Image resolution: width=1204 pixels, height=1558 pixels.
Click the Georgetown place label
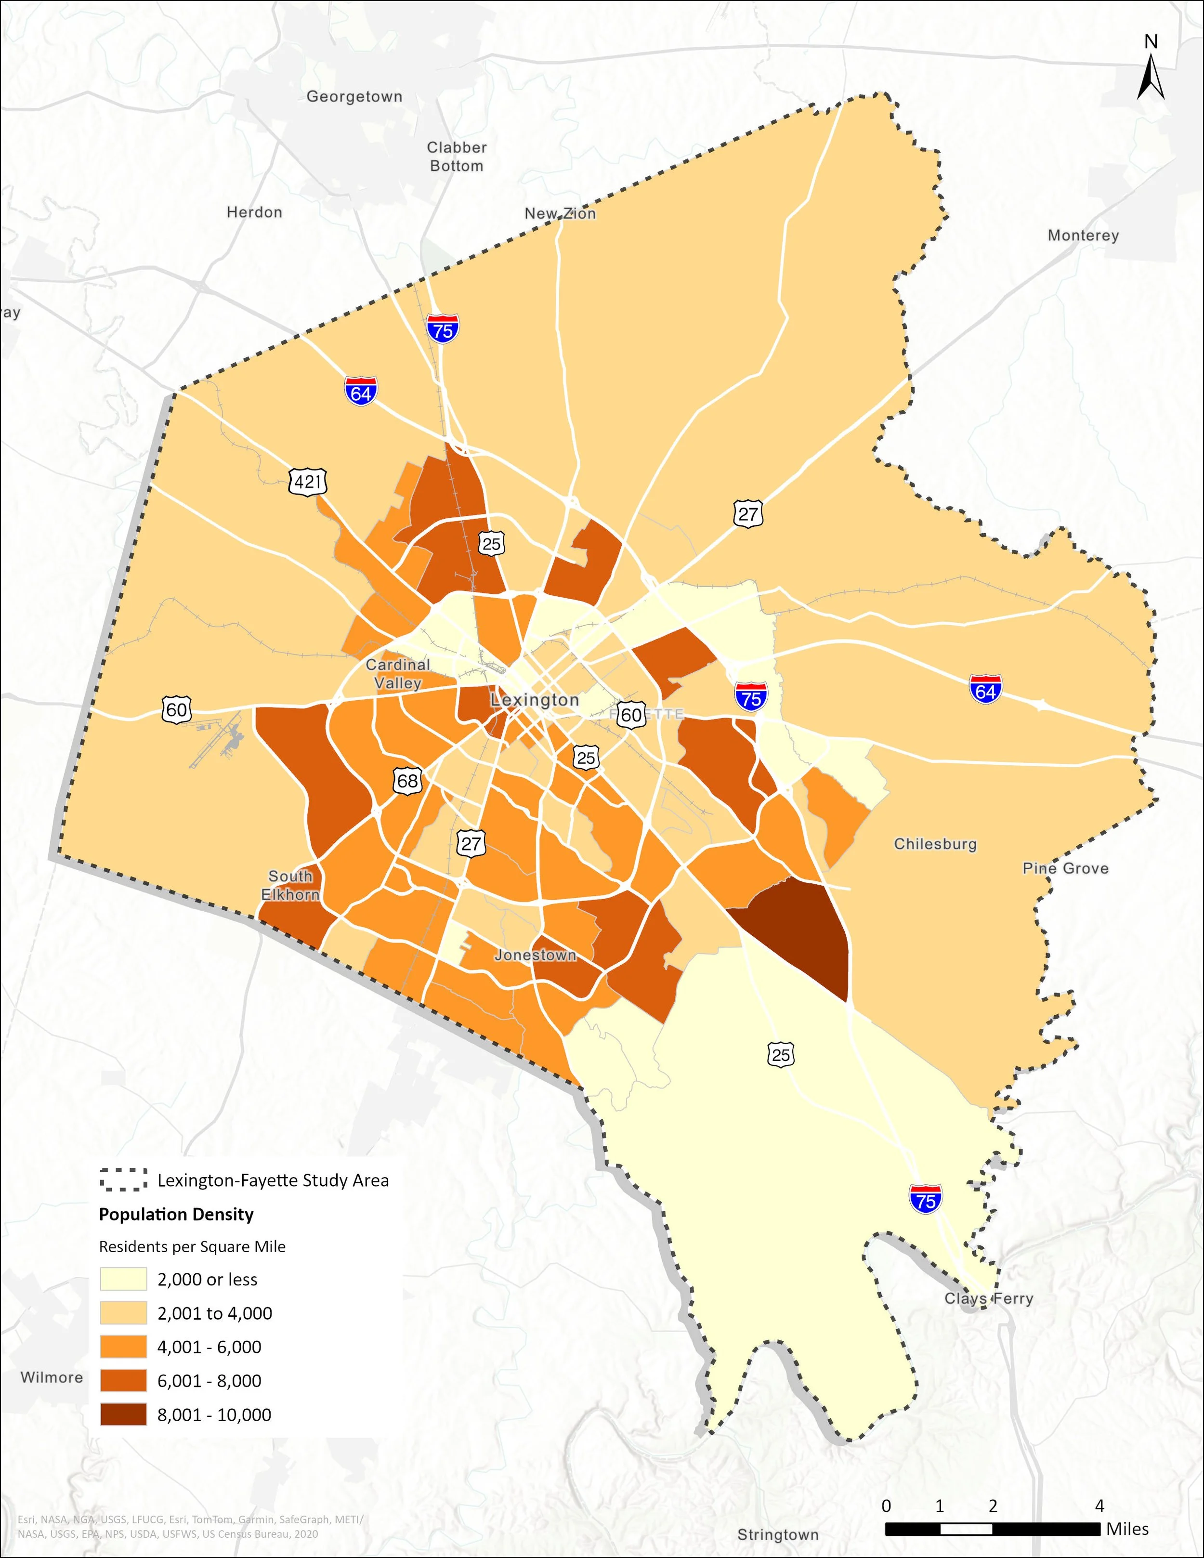coord(354,96)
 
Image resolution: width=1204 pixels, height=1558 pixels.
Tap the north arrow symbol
coord(1151,79)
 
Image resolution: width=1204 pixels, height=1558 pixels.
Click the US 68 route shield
coord(407,780)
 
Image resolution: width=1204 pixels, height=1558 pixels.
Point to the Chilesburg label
coord(935,844)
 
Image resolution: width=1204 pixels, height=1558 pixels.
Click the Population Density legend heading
coord(176,1214)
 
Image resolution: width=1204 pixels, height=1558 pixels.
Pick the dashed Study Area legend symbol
coord(123,1180)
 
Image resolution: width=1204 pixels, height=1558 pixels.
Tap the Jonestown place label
coord(535,955)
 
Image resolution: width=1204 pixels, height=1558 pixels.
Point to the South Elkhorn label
coord(290,885)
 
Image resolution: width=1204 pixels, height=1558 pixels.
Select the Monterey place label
coord(1083,236)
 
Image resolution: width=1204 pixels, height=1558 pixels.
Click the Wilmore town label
coord(52,1377)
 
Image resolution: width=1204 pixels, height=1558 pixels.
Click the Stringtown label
coord(777,1534)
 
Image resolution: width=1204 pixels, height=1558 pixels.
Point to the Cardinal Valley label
coord(397,673)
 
